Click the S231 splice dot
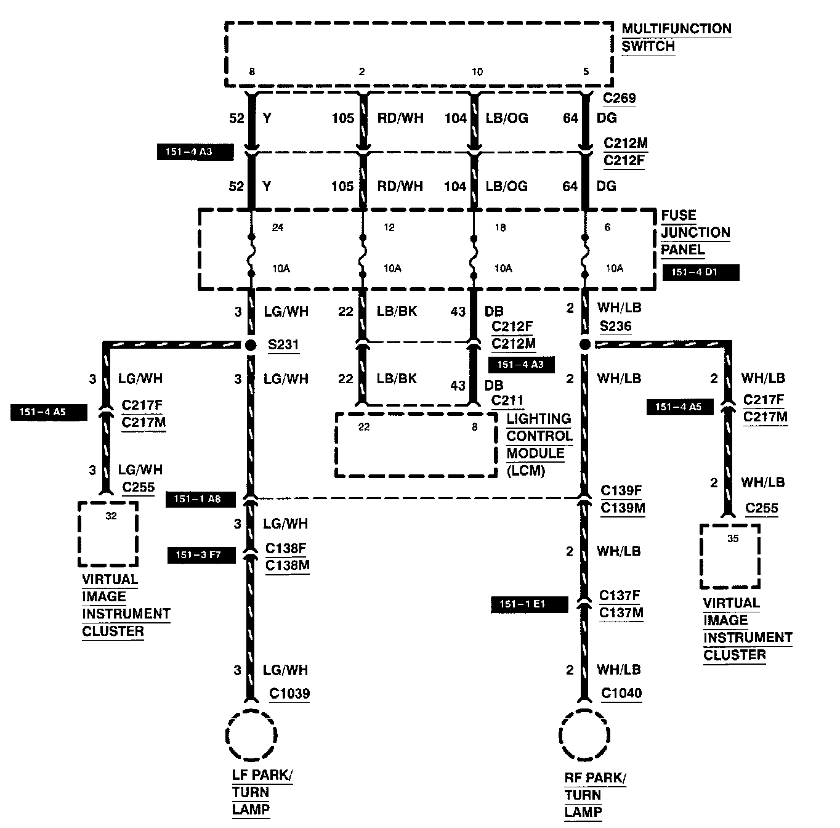point(251,344)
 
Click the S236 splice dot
point(584,344)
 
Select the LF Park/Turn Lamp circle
point(251,735)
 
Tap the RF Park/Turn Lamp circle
point(584,736)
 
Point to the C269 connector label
point(620,98)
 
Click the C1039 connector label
point(289,694)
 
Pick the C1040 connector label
point(621,694)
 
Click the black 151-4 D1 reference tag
point(700,272)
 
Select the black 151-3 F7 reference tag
point(201,555)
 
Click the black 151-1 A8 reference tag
point(201,499)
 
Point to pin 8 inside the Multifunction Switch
point(251,71)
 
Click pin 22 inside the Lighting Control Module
point(364,427)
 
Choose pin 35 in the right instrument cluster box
point(732,538)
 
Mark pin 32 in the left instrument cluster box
point(111,516)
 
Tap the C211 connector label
point(507,400)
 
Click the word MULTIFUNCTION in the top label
point(676,29)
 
